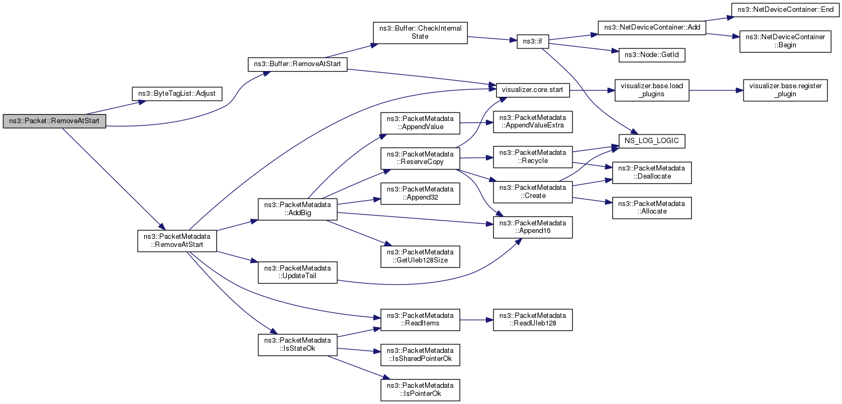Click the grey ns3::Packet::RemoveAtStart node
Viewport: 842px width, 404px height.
click(x=54, y=121)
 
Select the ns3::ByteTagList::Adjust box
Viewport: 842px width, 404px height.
click(x=177, y=94)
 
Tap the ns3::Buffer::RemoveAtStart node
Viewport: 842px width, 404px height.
click(x=298, y=64)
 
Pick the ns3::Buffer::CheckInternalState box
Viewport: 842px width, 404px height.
click(x=420, y=33)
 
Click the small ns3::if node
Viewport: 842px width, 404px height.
click(x=533, y=41)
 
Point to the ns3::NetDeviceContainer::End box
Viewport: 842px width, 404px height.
click(x=786, y=10)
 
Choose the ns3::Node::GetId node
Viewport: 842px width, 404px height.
click(x=652, y=55)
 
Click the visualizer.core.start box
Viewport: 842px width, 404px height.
click(x=533, y=90)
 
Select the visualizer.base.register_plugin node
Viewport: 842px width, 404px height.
click(x=786, y=90)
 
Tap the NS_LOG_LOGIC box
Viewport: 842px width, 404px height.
click(x=652, y=141)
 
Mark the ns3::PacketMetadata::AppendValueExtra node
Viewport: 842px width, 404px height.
click(x=533, y=122)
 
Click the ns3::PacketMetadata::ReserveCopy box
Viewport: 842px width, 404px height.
click(x=420, y=158)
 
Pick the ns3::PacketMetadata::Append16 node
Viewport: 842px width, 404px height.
click(x=533, y=227)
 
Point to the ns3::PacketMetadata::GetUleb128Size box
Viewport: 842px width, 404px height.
click(x=420, y=257)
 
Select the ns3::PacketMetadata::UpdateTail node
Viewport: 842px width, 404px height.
click(x=298, y=272)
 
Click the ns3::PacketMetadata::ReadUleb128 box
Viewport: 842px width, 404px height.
click(x=533, y=320)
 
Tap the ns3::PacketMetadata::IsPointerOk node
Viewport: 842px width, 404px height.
click(x=420, y=390)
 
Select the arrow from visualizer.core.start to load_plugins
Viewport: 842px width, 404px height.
click(x=592, y=90)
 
